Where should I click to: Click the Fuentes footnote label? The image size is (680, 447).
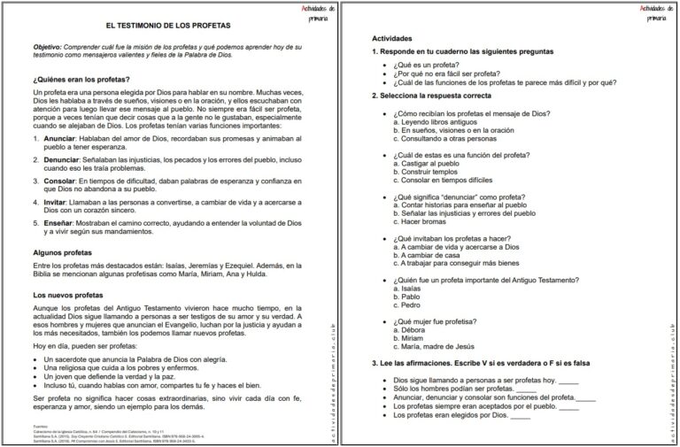pos(39,427)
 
